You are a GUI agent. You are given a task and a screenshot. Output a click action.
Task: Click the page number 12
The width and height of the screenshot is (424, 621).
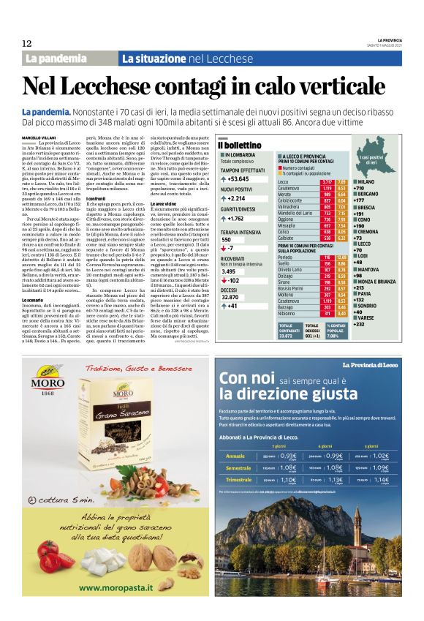pos(27,43)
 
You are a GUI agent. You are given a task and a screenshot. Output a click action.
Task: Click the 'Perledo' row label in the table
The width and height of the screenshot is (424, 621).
pos(286,257)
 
